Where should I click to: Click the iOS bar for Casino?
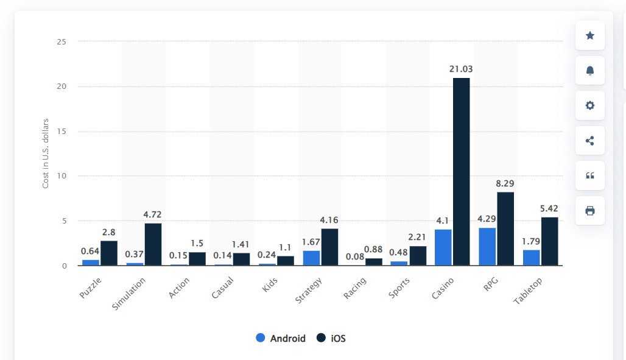(x=461, y=172)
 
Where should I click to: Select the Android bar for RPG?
(x=487, y=247)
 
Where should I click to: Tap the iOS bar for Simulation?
(x=153, y=244)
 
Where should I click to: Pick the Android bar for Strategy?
(x=311, y=258)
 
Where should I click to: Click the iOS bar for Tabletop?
(x=549, y=241)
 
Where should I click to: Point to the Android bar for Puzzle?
(x=91, y=263)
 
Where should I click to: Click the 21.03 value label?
(x=461, y=69)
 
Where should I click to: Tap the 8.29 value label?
(x=505, y=183)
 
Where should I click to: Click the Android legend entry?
(x=281, y=338)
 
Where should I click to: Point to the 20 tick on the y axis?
(x=62, y=86)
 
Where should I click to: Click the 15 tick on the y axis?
(x=62, y=131)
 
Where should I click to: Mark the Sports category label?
(x=399, y=288)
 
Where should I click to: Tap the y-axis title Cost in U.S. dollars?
(x=46, y=144)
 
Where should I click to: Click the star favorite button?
(x=589, y=35)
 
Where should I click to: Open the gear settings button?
(x=589, y=105)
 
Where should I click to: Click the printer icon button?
(x=589, y=211)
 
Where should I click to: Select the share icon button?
(x=589, y=141)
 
